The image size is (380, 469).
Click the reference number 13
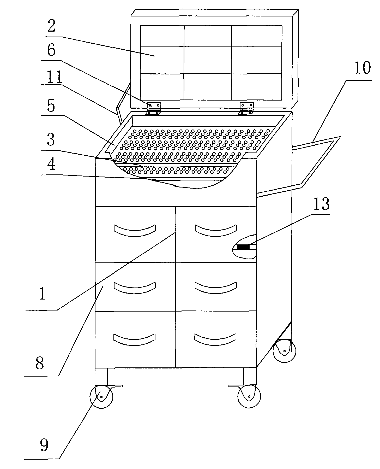pos(321,204)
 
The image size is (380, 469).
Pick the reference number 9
pos(44,444)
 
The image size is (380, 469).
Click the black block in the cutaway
pos(243,247)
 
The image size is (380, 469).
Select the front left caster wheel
pos(101,396)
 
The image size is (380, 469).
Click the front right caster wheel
pos(249,396)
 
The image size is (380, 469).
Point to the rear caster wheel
pos(284,351)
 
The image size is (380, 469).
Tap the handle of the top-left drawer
pos(135,229)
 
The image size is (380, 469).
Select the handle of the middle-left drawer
pos(135,287)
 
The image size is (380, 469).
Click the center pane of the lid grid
pos(208,60)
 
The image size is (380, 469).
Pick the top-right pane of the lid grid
pos(257,36)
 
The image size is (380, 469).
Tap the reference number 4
pos(51,165)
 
